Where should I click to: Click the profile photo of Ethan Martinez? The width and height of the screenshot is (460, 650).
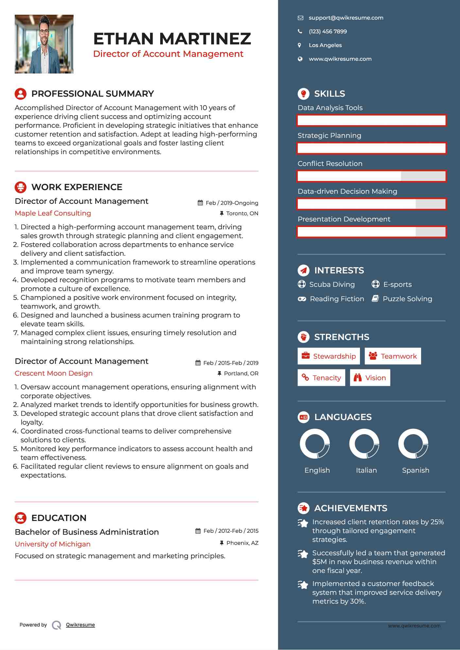pyautogui.click(x=44, y=44)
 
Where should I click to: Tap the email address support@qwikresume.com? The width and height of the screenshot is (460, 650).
pyautogui.click(x=346, y=18)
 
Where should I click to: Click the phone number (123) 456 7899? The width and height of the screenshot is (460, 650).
pyautogui.click(x=328, y=32)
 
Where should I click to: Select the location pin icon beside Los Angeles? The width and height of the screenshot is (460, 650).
pyautogui.click(x=299, y=45)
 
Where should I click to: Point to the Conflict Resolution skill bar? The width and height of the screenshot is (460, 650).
pyautogui.click(x=371, y=176)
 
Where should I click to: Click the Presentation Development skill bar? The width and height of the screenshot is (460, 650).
pyautogui.click(x=371, y=232)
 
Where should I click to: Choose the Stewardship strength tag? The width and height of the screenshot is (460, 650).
pyautogui.click(x=329, y=356)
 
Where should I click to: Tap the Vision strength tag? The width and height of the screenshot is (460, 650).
pyautogui.click(x=370, y=378)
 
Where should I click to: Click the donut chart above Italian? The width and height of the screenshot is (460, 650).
pyautogui.click(x=364, y=444)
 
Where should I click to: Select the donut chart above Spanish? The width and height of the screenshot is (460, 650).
pyautogui.click(x=413, y=444)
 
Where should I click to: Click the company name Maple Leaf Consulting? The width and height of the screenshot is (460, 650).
pyautogui.click(x=53, y=213)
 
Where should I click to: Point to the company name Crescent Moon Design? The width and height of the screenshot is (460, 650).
pyautogui.click(x=54, y=373)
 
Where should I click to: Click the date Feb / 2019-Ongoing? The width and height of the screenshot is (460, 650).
pyautogui.click(x=232, y=203)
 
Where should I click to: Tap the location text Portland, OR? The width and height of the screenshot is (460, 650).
pyautogui.click(x=241, y=373)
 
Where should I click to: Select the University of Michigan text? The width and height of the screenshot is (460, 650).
pyautogui.click(x=53, y=544)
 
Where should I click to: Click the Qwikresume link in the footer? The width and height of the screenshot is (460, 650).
pyautogui.click(x=80, y=625)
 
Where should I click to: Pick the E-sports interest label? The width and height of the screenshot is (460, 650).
pyautogui.click(x=397, y=284)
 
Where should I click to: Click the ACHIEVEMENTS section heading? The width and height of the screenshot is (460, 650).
pyautogui.click(x=350, y=508)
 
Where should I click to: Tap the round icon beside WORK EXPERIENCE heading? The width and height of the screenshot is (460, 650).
pyautogui.click(x=21, y=187)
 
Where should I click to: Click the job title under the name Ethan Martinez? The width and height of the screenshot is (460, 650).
pyautogui.click(x=168, y=54)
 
